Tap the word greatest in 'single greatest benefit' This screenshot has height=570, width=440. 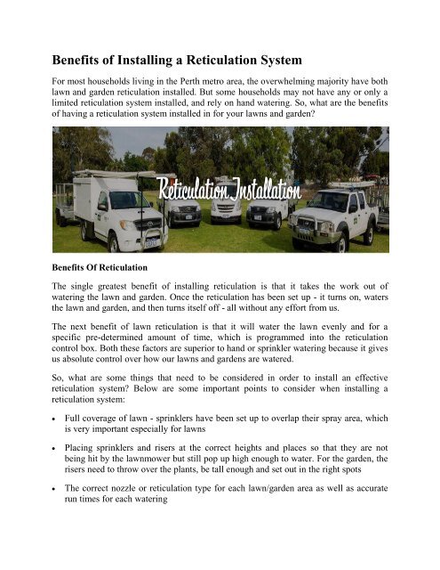(x=130, y=289)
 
